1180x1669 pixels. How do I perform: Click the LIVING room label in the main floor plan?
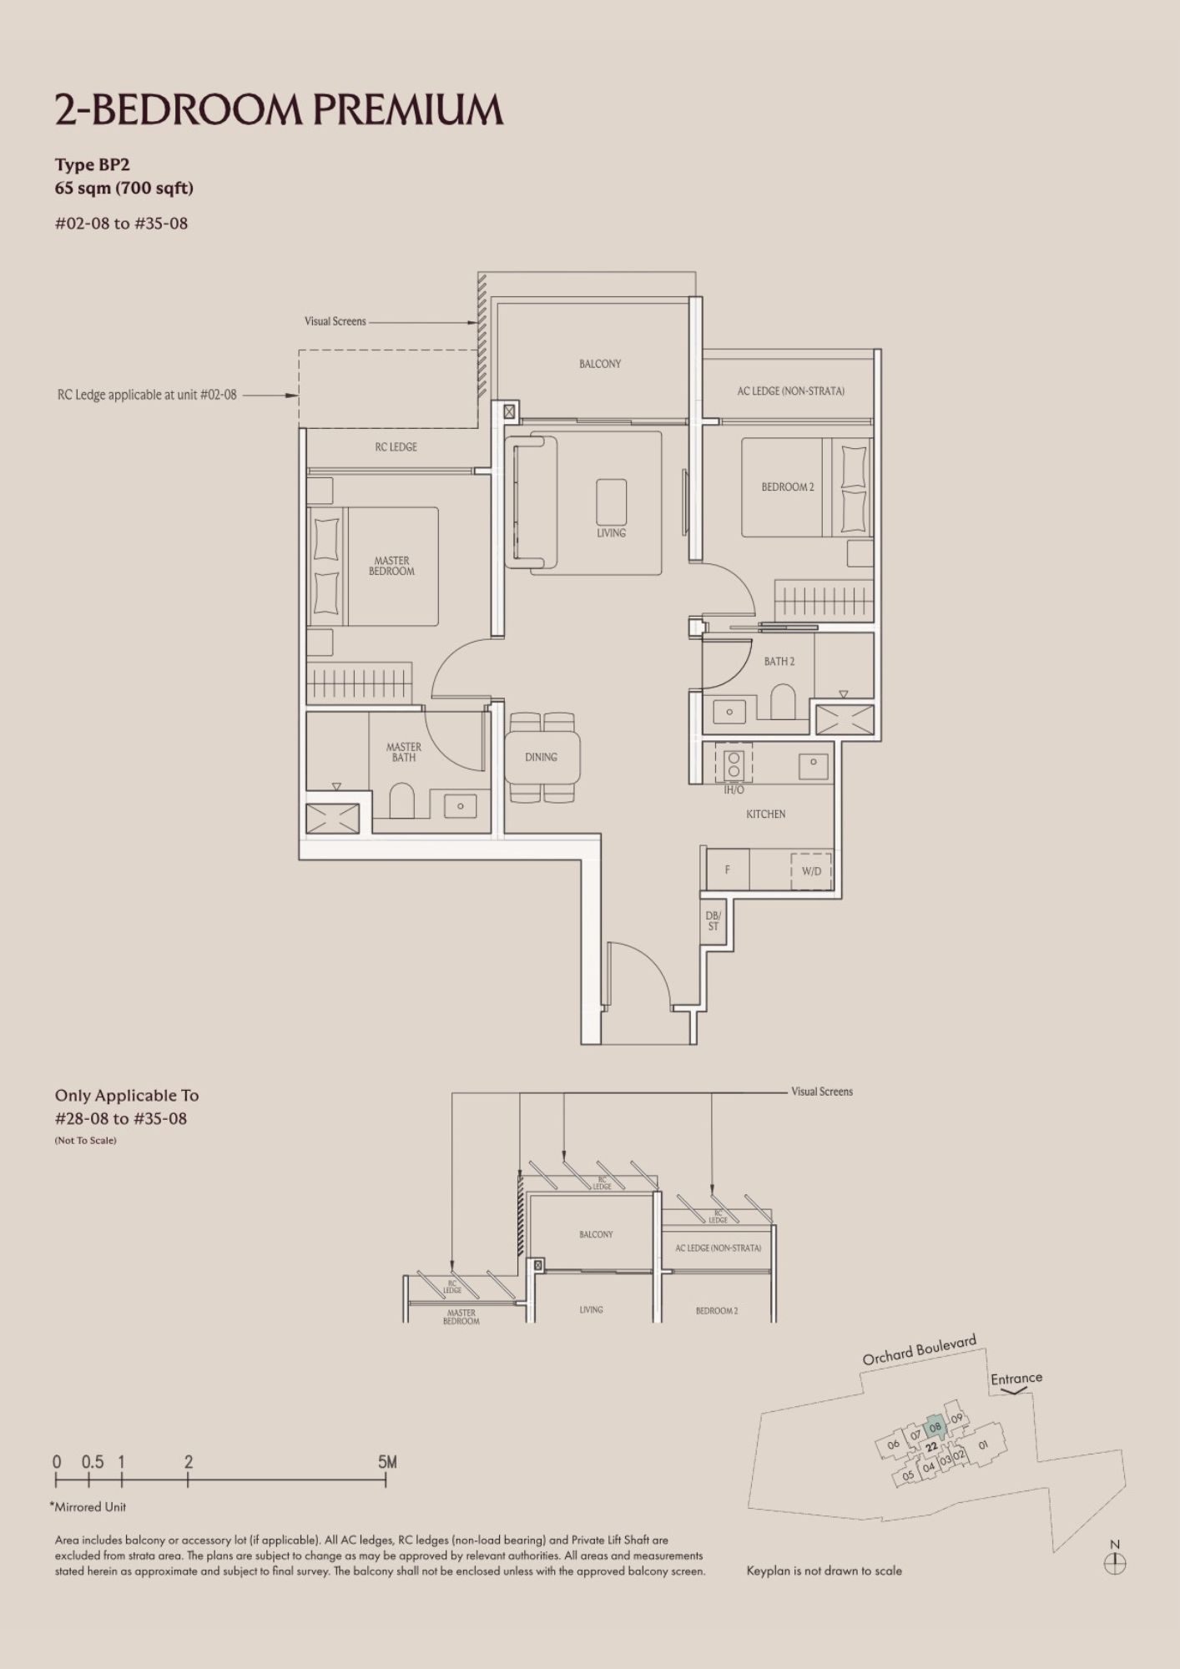pos(611,532)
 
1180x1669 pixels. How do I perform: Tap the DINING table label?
pos(541,757)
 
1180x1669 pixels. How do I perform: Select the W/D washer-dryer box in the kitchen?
pos(811,870)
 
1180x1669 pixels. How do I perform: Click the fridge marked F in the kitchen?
pos(728,870)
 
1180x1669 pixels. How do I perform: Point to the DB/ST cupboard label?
pos(714,921)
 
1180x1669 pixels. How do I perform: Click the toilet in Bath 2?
pos(783,702)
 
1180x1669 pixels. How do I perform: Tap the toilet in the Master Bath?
pos(401,801)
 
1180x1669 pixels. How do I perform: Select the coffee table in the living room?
pos(612,502)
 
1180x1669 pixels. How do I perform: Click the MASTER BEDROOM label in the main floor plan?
pos(391,566)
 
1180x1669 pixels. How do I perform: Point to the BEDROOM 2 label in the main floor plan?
pos(787,487)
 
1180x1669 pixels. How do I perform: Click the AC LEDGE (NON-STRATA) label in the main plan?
pos(790,391)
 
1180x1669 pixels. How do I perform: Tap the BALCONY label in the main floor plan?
pos(600,364)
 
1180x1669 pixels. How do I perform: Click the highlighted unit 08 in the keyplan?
pos(935,1427)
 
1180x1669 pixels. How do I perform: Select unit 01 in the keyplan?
pos(982,1445)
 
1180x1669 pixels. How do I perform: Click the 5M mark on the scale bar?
pos(387,1462)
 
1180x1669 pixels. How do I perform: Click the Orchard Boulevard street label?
pos(919,1351)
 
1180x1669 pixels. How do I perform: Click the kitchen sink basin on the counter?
pos(813,763)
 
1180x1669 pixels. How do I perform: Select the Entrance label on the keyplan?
pos(1016,1379)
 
